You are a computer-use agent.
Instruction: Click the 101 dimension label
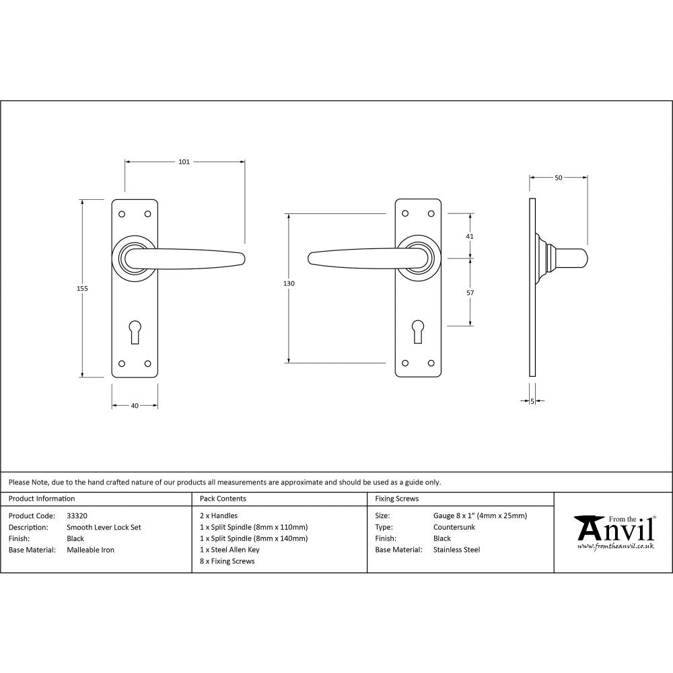pos(184,162)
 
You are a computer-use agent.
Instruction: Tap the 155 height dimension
pos(82,288)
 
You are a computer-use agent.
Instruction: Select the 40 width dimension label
pos(135,406)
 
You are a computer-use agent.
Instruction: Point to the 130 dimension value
pos(289,283)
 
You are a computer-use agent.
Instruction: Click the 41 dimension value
pos(470,236)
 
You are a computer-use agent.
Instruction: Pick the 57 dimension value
pos(470,293)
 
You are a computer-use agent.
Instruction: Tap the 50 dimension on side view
pos(558,178)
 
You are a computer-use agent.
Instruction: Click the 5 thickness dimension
pos(532,401)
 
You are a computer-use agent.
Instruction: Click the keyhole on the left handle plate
pos(135,332)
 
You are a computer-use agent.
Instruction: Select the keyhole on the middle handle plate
pos(417,332)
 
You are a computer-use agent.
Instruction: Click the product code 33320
pos(77,516)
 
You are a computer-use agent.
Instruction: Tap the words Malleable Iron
pos(90,550)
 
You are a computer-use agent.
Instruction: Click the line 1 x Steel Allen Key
pos(229,550)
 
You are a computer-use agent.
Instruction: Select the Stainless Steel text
pos(456,550)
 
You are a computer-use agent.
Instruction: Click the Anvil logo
pos(614,532)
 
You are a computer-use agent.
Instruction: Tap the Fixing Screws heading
pos(396,499)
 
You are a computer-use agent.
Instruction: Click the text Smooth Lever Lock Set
pos(104,528)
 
